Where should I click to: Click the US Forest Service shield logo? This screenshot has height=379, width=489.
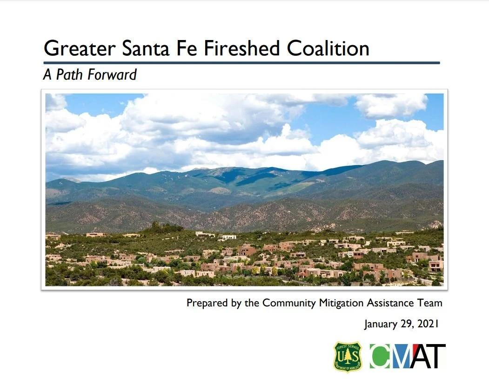click(348, 357)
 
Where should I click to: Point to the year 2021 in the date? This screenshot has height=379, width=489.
click(428, 324)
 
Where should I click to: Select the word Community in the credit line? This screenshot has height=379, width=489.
click(289, 303)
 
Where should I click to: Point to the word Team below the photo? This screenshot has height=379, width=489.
click(430, 303)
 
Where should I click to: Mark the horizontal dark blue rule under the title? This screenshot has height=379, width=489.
click(241, 63)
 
